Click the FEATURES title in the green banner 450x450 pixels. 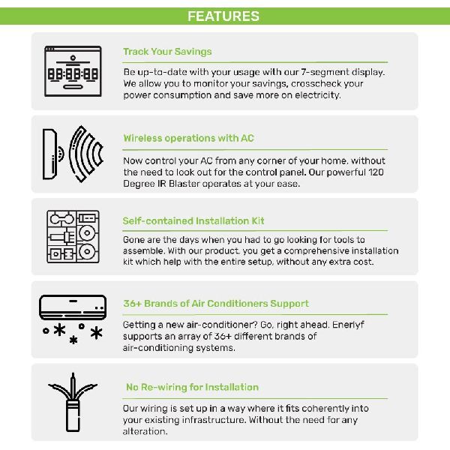223,16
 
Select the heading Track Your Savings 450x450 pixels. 167,52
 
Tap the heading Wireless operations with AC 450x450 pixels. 189,138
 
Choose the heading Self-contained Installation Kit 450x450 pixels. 193,221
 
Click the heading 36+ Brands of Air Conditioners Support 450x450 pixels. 216,304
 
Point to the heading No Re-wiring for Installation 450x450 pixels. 192,387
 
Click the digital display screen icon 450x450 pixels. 73,71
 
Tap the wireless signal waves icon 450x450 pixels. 86,154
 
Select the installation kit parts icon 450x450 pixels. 73,237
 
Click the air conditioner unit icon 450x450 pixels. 73,307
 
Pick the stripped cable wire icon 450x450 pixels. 73,402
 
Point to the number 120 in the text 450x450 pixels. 376,172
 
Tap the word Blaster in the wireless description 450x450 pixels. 184,184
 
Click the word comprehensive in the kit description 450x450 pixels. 316,251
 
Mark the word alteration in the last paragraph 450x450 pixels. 145,431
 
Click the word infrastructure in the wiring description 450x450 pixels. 214,420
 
